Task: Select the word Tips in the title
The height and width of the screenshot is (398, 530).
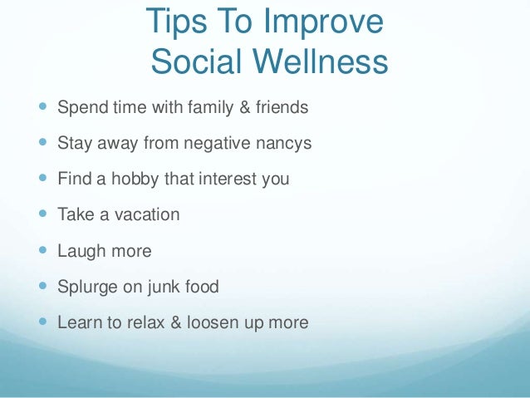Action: pos(174,23)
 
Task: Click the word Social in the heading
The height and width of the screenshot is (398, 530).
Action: pos(204,61)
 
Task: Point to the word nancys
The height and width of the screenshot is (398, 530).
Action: pos(282,143)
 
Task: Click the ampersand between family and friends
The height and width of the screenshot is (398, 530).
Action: pos(218,107)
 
